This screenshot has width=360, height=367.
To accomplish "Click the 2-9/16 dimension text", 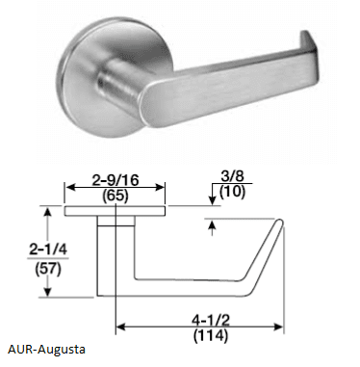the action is tap(116, 180).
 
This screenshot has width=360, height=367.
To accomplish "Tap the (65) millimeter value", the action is tap(116, 196).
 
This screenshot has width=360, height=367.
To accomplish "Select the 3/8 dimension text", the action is tap(232, 176).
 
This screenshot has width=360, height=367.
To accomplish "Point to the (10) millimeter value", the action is tap(232, 192).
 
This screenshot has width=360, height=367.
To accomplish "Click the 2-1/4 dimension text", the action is tap(48, 249).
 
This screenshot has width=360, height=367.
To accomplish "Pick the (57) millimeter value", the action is tap(48, 269).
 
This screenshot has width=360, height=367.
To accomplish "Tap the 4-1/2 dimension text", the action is tap(211, 320).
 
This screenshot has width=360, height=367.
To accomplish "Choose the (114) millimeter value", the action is tap(211, 335).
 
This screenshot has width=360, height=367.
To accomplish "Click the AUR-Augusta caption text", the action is tap(46, 349).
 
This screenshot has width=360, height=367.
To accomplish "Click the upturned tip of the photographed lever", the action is tap(309, 40).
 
